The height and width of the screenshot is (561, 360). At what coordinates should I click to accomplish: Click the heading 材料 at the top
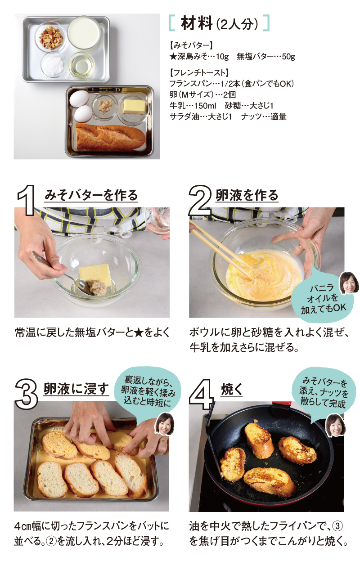pyautogui.click(x=196, y=23)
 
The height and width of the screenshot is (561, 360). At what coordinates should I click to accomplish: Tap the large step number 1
pyautogui.click(x=27, y=200)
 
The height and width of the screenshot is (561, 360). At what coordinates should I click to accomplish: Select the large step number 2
pyautogui.click(x=200, y=200)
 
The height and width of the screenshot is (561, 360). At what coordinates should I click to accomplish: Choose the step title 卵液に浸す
pyautogui.click(x=76, y=389)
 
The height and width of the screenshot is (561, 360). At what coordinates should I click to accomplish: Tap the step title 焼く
pyautogui.click(x=232, y=390)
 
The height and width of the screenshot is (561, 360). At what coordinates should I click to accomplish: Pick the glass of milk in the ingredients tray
pyautogui.click(x=84, y=32)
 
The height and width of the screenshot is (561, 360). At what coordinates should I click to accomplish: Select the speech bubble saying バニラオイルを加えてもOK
pyautogui.click(x=323, y=297)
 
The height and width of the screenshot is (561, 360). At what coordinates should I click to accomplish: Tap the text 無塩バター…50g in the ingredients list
pyautogui.click(x=266, y=57)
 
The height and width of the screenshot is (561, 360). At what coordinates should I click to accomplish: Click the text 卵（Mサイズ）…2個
pyautogui.click(x=202, y=94)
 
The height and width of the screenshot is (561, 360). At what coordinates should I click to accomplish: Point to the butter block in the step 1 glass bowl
pyautogui.click(x=95, y=274)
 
